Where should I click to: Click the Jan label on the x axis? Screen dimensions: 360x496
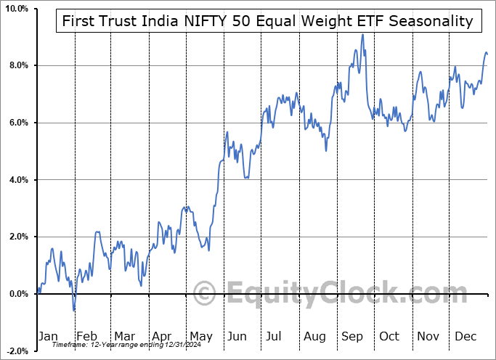(x=47, y=336)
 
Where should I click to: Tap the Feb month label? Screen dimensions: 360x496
(x=86, y=336)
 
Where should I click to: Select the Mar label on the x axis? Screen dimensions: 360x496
(x=124, y=336)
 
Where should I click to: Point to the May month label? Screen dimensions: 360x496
(x=200, y=336)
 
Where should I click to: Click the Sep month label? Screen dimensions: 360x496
(x=352, y=336)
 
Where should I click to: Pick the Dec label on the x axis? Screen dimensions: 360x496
(x=466, y=336)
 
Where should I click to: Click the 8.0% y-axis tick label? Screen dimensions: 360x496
(x=17, y=66)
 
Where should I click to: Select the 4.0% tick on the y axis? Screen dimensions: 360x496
(x=17, y=180)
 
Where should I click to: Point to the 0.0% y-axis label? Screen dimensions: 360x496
(x=17, y=294)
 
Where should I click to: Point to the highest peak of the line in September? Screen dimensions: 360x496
(x=362, y=34)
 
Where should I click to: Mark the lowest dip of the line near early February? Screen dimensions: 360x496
(x=73, y=311)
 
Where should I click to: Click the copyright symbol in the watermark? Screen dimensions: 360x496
(x=206, y=293)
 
